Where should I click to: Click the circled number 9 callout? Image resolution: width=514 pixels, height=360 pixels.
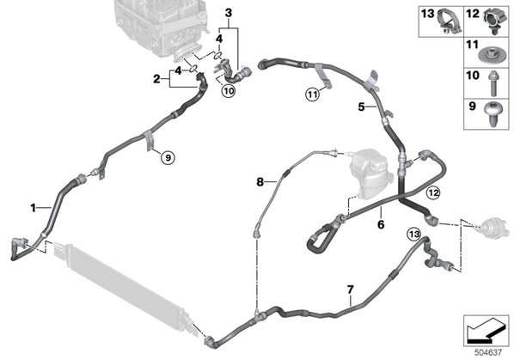coord(168,158)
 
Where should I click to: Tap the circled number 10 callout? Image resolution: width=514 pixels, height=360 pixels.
coord(229,90)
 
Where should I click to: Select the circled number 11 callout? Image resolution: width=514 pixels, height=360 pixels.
coord(312,95)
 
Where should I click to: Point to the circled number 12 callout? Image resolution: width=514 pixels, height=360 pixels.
coord(433,192)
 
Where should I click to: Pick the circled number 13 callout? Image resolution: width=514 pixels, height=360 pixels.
coord(413,235)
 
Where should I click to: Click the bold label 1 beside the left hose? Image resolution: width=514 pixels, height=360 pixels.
coord(33,208)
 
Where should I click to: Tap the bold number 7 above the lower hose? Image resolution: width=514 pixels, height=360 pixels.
coord(351,290)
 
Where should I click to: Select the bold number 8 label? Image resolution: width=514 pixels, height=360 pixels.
coord(260,181)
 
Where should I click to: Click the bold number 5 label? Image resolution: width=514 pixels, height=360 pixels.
coord(361,107)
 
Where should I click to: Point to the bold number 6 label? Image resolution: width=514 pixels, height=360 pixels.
coord(381,224)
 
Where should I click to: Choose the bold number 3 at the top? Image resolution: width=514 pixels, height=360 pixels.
coord(229,13)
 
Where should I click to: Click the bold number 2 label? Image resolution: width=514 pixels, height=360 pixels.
coord(157,79)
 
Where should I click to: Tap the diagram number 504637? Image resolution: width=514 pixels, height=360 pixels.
coord(488,352)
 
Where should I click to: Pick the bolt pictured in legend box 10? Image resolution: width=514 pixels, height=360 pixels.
coord(493,83)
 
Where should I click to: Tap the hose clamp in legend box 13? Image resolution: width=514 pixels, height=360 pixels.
coord(450,21)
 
